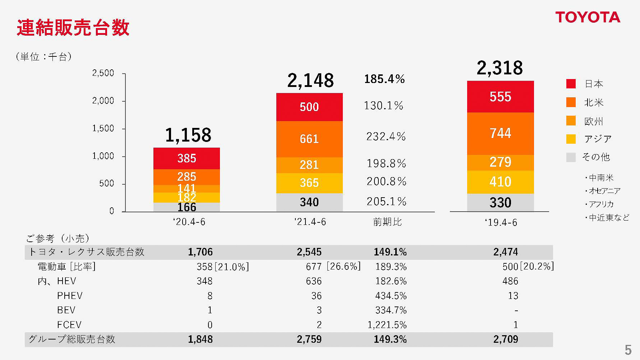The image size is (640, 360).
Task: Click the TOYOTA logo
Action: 588,17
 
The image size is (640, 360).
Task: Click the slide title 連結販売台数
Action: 73,28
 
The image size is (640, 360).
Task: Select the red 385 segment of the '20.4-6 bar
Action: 187,158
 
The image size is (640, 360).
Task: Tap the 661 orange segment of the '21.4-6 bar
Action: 309,139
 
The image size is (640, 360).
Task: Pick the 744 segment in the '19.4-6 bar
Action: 500,133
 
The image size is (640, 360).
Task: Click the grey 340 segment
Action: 309,202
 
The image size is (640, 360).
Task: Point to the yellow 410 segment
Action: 500,182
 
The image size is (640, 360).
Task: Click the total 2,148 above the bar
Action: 310,80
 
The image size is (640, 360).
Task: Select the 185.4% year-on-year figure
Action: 384,79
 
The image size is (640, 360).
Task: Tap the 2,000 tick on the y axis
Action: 103,101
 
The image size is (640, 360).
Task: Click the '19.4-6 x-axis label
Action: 501,223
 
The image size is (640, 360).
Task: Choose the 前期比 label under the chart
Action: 387,222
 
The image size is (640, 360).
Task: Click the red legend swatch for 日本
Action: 571,84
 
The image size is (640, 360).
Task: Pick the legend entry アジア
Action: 598,139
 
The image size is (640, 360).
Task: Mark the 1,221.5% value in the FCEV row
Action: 387,325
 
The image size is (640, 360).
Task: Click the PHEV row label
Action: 70,296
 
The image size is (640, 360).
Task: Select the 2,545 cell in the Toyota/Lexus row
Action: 309,252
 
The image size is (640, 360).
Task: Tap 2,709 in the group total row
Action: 506,340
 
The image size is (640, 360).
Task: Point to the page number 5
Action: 628,350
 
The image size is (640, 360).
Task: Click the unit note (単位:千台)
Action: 44,57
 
